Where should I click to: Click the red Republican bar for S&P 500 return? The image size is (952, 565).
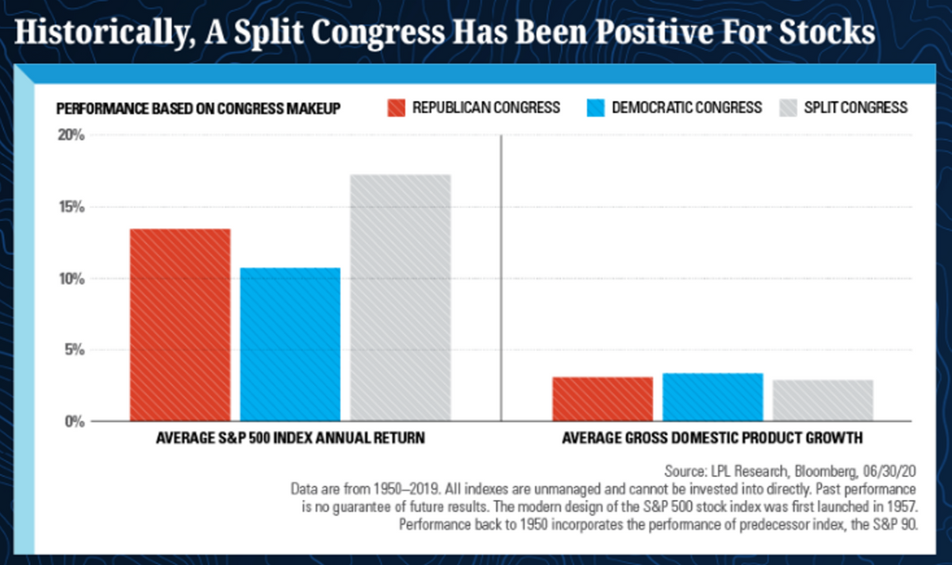click(180, 325)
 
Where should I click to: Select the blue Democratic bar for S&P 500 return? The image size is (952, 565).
click(290, 344)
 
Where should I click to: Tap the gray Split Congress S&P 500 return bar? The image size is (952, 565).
click(401, 298)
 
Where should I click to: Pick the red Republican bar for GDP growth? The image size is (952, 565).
click(603, 399)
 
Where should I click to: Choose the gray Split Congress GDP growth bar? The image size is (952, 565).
click(823, 401)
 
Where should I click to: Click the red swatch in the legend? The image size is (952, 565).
click(397, 107)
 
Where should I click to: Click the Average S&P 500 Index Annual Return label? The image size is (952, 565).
click(290, 437)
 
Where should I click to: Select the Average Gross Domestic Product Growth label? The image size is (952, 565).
click(712, 437)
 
